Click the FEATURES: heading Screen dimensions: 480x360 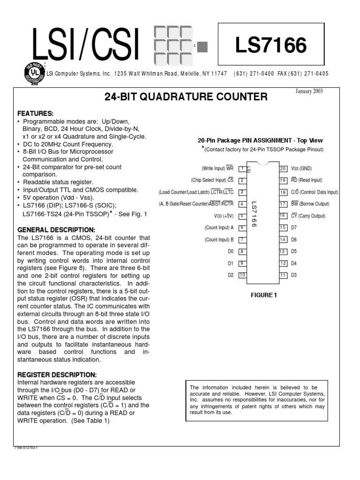(x=36, y=114)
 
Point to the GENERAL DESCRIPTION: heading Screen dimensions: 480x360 (x=56, y=230)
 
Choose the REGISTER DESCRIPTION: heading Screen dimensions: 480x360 (x=57, y=375)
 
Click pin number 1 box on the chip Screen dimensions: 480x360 (x=242, y=168)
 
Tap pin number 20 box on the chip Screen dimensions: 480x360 (x=283, y=168)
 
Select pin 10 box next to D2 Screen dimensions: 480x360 (x=242, y=275)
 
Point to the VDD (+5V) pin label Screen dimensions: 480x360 (x=223, y=216)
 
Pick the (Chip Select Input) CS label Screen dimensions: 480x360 (x=212, y=180)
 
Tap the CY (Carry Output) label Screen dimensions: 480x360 (x=308, y=216)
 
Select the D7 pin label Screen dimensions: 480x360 (x=294, y=228)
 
